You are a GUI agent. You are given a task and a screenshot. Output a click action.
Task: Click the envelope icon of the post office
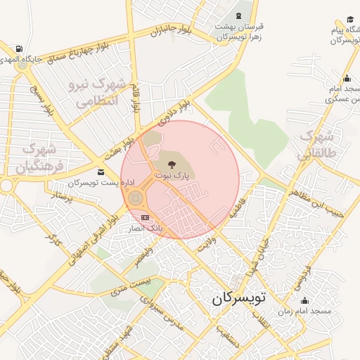pyautogui.click(x=101, y=172)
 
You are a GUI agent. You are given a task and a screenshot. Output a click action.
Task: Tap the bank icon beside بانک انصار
pyautogui.click(x=145, y=218)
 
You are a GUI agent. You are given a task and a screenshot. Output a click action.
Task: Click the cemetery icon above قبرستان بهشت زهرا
pyautogui.click(x=240, y=15)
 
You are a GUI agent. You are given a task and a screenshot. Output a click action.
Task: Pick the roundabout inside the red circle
pyautogui.click(x=134, y=198)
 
